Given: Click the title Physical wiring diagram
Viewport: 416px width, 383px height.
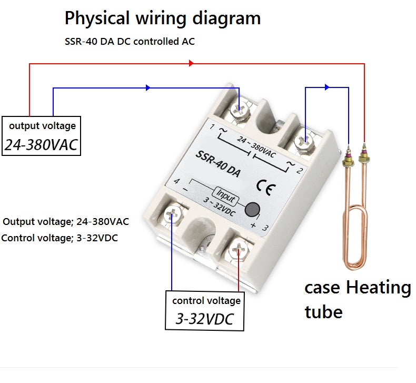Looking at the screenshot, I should (x=162, y=18).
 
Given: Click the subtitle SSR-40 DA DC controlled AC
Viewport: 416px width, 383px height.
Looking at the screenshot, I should (x=130, y=41).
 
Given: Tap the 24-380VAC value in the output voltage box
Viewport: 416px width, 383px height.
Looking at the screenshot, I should (x=42, y=145).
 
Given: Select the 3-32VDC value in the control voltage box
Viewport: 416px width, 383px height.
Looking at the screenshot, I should (x=204, y=319).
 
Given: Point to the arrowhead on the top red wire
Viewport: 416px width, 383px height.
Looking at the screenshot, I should (x=191, y=63).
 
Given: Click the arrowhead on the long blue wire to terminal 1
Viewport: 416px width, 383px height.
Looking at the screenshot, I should (x=148, y=87).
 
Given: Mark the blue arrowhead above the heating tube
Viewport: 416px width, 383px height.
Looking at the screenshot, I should (x=327, y=87).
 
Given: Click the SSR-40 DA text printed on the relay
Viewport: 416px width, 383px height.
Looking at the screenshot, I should (x=217, y=164).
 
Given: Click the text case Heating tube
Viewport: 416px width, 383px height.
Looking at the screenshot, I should (x=357, y=299).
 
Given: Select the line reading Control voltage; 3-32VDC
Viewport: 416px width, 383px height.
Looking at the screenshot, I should (x=60, y=238).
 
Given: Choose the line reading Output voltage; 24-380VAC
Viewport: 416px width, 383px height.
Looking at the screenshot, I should (x=66, y=221).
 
